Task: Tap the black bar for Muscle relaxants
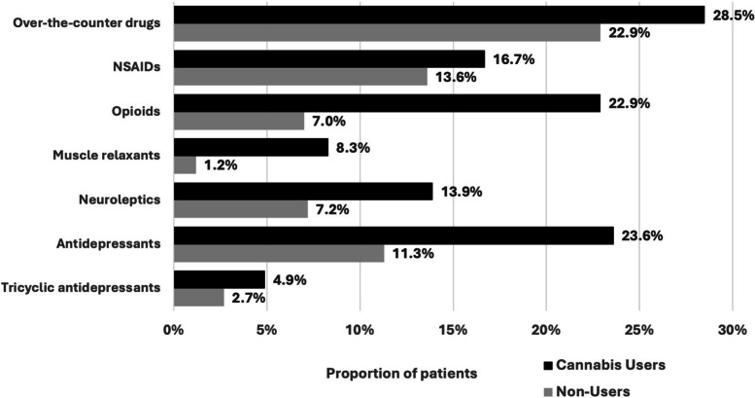tap(251, 147)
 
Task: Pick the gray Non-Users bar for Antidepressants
tap(278, 254)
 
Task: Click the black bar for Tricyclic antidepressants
tap(219, 279)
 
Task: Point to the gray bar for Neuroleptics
tap(240, 209)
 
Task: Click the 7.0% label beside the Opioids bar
tap(328, 122)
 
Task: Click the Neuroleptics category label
tap(119, 200)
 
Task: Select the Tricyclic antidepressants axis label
tap(82, 289)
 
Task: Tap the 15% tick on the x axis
tap(453, 330)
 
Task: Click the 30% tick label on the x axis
tap(732, 330)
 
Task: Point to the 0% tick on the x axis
tap(173, 330)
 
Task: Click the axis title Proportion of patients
tap(401, 373)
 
